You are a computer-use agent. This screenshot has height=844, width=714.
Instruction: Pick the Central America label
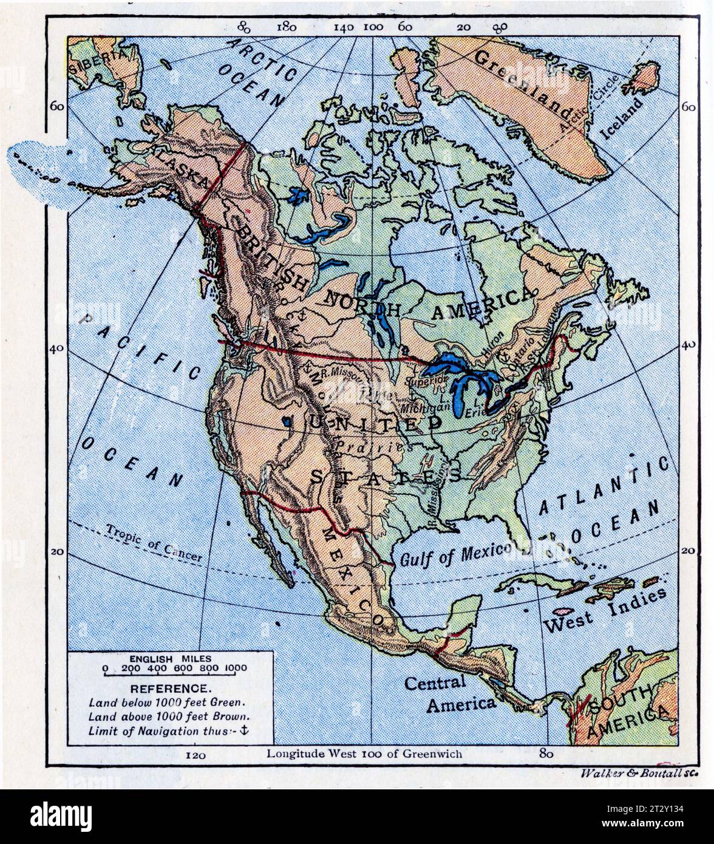(450, 692)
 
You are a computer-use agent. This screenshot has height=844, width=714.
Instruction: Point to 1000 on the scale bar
(236, 669)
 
